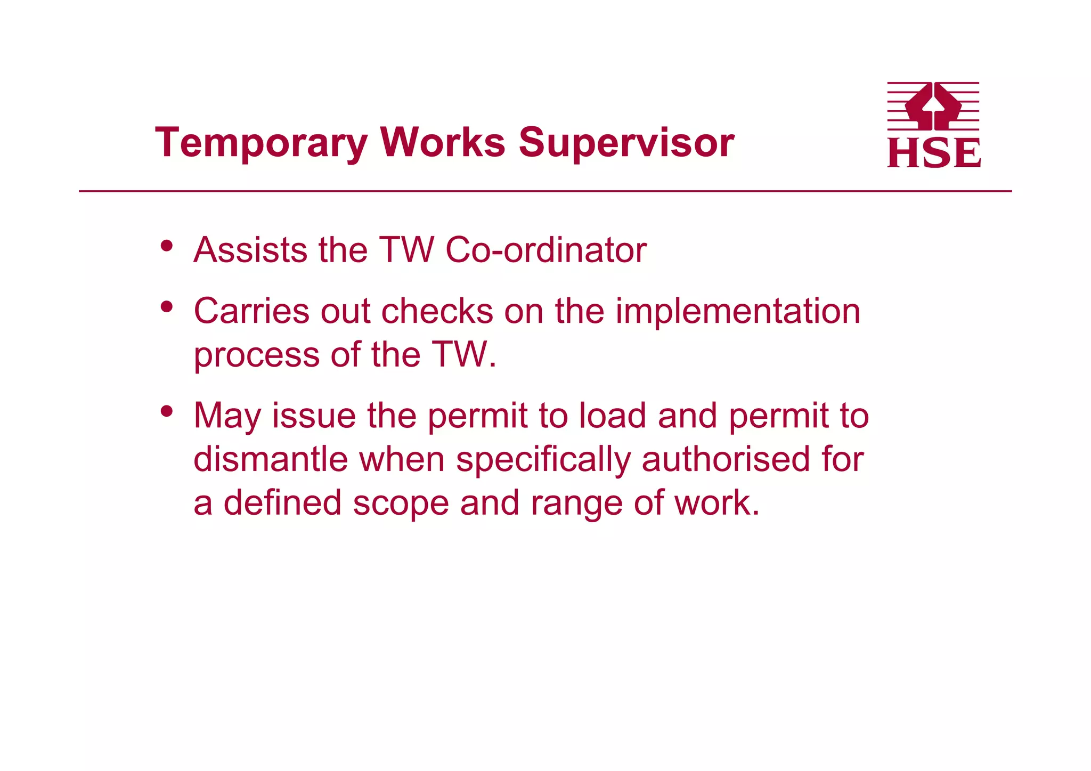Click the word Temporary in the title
[261, 143]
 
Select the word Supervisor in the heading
[626, 143]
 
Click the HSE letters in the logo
[934, 153]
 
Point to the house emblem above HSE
[933, 106]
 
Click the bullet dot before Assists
[167, 246]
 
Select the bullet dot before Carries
[167, 307]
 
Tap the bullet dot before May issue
[167, 411]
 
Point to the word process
[256, 355]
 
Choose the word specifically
[543, 460]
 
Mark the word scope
[401, 504]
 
